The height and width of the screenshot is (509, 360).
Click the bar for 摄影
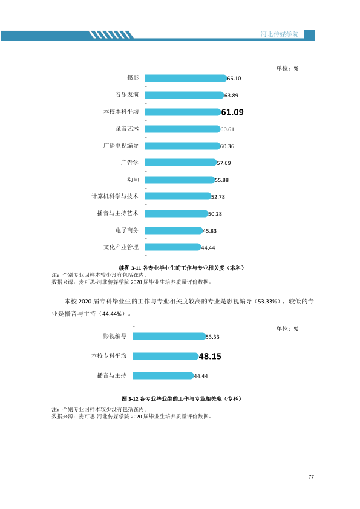coord(186,78)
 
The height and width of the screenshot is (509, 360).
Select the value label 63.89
coord(231,96)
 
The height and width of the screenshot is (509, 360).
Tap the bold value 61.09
coord(232,112)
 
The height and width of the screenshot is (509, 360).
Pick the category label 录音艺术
coord(126,129)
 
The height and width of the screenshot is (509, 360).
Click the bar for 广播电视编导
coord(183,146)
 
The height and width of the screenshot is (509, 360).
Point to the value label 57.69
coord(224,163)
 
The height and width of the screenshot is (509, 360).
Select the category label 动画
coord(133,179)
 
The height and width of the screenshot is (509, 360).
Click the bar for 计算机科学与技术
coord(178,196)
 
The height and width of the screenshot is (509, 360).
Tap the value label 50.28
coord(215,214)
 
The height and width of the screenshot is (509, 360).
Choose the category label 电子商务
coord(127,230)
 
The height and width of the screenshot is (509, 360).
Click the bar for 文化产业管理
coord(173,247)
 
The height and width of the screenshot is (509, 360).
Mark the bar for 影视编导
coord(169,336)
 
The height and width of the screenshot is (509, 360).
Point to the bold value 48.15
coord(210,357)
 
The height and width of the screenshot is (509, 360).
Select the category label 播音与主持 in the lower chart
coord(111,375)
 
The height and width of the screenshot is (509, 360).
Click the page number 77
coord(311,476)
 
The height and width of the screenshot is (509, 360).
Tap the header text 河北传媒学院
coord(280,34)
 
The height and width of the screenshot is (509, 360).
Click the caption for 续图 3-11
coord(182,268)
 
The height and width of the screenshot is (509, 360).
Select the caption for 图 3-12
coord(182,398)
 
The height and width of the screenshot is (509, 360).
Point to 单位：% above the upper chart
coord(287,68)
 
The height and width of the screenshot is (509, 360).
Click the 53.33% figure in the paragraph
coord(267,302)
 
